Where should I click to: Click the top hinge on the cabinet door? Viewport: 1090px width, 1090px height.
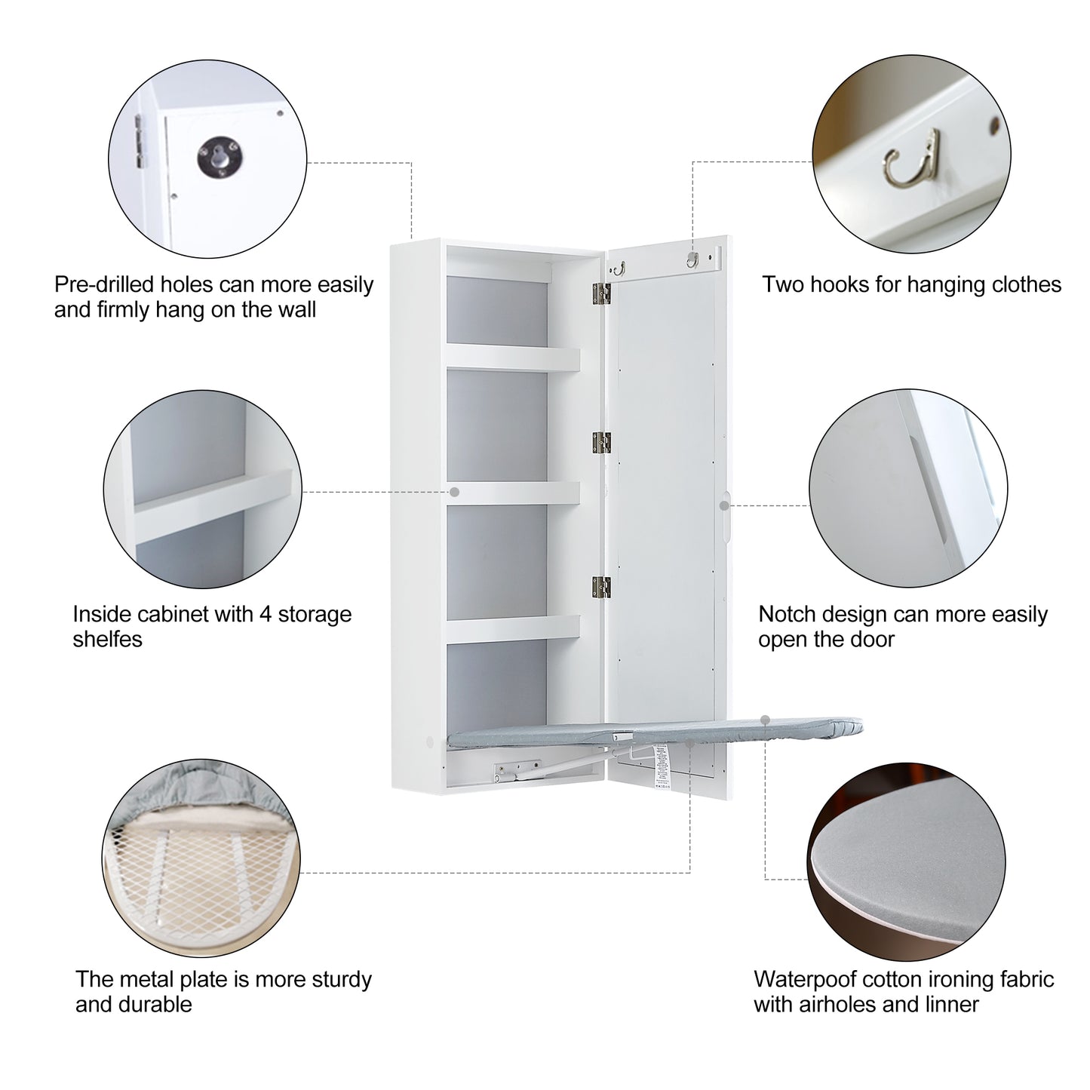pyautogui.click(x=601, y=294)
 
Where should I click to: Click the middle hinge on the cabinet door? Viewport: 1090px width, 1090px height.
pyautogui.click(x=601, y=444)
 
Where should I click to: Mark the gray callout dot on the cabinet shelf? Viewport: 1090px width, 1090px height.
pyautogui.click(x=454, y=492)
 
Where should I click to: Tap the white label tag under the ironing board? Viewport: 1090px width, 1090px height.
pyautogui.click(x=661, y=767)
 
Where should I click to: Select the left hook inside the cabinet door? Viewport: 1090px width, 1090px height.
pyautogui.click(x=619, y=268)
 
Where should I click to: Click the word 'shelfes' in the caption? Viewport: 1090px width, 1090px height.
pyautogui.click(x=107, y=640)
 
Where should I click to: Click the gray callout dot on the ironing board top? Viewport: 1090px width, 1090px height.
pyautogui.click(x=765, y=720)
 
